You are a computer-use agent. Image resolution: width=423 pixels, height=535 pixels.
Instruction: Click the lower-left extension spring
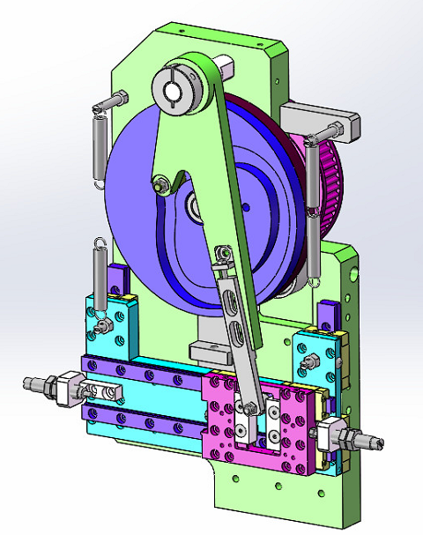100,278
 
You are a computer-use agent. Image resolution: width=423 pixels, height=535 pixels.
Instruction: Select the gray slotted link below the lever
236,326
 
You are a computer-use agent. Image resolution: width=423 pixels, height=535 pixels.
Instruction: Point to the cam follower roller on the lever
160,185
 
